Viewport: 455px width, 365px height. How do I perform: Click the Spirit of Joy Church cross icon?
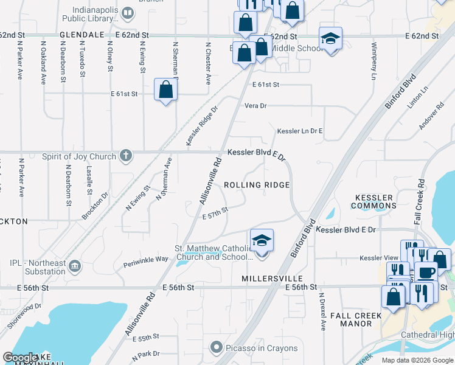(x=125, y=156)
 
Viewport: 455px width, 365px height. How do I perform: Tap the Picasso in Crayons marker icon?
(x=215, y=348)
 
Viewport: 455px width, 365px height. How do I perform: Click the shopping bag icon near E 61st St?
(x=166, y=90)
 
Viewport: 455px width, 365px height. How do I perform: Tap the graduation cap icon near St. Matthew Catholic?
(x=262, y=241)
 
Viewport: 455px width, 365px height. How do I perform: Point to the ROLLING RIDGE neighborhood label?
(x=256, y=184)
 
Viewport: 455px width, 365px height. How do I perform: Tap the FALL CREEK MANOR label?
(x=355, y=319)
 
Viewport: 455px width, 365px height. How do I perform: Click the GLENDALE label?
(x=82, y=35)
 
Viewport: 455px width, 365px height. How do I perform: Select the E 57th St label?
(x=215, y=210)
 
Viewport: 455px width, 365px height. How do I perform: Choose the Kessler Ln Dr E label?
(x=299, y=131)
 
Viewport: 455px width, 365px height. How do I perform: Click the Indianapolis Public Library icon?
(x=128, y=13)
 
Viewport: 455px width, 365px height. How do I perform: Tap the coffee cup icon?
(x=426, y=271)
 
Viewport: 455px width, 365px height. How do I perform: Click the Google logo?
(x=20, y=358)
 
